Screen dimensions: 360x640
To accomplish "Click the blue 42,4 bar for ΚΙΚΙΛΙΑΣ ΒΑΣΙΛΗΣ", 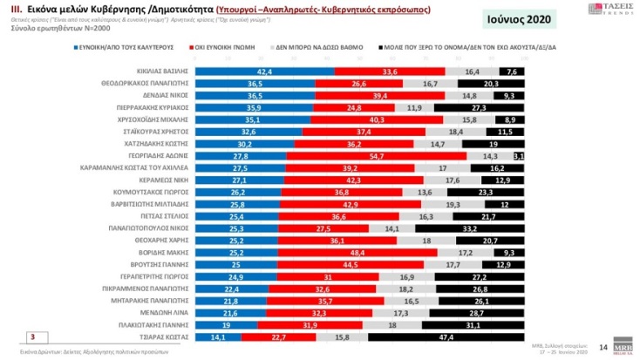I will pos(263,71).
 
